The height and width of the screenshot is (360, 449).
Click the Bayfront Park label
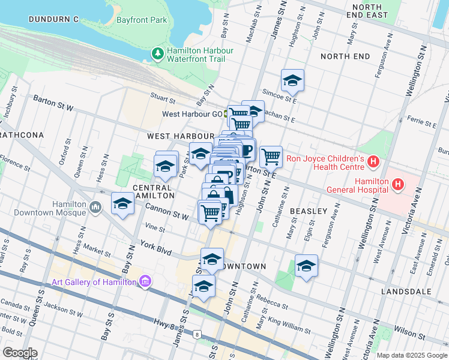click(142, 20)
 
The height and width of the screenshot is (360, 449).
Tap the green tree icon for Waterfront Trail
click(158, 54)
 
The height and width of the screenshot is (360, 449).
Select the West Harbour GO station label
click(192, 113)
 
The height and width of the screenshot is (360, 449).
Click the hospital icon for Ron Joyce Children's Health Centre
click(373, 161)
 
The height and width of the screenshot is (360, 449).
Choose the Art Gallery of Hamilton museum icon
click(144, 281)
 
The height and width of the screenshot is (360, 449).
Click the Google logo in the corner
click(20, 353)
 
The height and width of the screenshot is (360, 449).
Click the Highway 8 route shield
click(196, 334)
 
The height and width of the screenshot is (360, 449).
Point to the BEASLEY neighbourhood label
click(309, 211)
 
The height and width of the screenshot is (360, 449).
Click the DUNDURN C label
click(53, 19)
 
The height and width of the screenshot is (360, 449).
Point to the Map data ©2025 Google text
click(412, 355)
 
